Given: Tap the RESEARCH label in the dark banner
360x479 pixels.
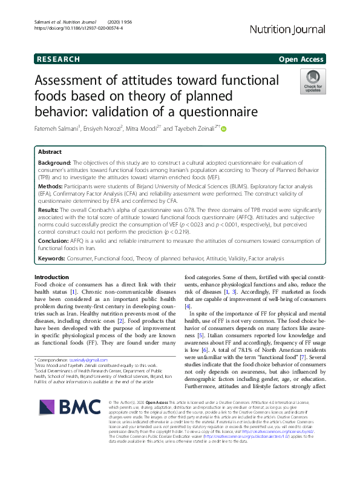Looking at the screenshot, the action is pos(58,59).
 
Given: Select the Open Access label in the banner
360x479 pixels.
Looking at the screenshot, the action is pos(301,59).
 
